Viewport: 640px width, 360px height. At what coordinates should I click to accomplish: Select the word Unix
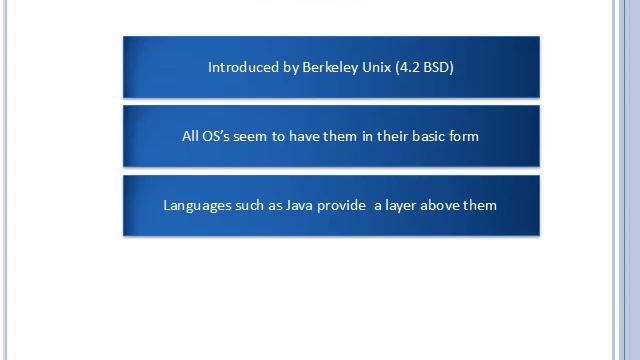377,67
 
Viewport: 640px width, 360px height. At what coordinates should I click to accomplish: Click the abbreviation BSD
438,67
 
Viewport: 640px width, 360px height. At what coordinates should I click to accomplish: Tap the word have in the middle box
304,136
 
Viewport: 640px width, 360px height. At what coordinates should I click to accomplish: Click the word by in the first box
289,67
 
